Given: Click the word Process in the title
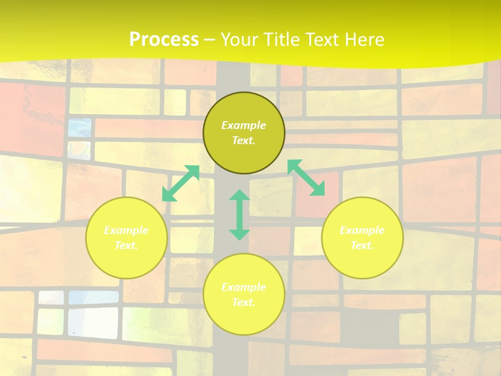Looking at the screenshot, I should coord(164,40).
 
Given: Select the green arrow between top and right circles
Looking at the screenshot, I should coord(306,178).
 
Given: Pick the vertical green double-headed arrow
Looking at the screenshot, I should coord(240,215).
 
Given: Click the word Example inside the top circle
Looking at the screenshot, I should coord(244,125).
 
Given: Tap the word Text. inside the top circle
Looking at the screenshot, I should coord(244,140).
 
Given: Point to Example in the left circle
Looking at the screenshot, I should coord(126,230).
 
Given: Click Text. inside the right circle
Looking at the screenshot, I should coord(362,245).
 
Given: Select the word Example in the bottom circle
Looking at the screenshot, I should coord(244,287).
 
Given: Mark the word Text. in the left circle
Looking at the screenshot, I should coord(126,245).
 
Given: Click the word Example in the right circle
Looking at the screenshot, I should coord(362,230).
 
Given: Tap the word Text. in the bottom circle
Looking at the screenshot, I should coord(244,302).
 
